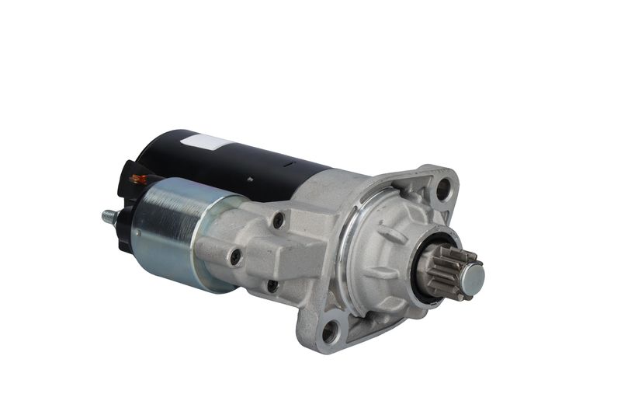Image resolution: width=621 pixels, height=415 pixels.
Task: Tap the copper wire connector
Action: (137, 180)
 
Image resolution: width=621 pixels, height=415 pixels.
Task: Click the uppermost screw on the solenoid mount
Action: (278, 221)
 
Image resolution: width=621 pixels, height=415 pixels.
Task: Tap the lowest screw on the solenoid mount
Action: (272, 285)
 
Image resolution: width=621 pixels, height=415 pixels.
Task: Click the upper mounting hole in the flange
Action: (442, 187)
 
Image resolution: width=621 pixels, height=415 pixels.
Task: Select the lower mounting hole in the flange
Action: (331, 332)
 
